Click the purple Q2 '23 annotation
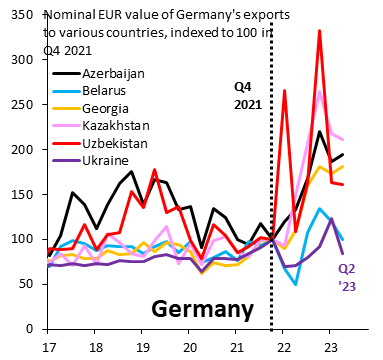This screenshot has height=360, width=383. tap(346, 277)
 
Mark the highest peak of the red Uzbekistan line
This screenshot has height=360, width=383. tap(319, 31)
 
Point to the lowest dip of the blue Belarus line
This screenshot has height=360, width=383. tap(296, 284)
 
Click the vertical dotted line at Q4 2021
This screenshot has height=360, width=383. tap(272, 200)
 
